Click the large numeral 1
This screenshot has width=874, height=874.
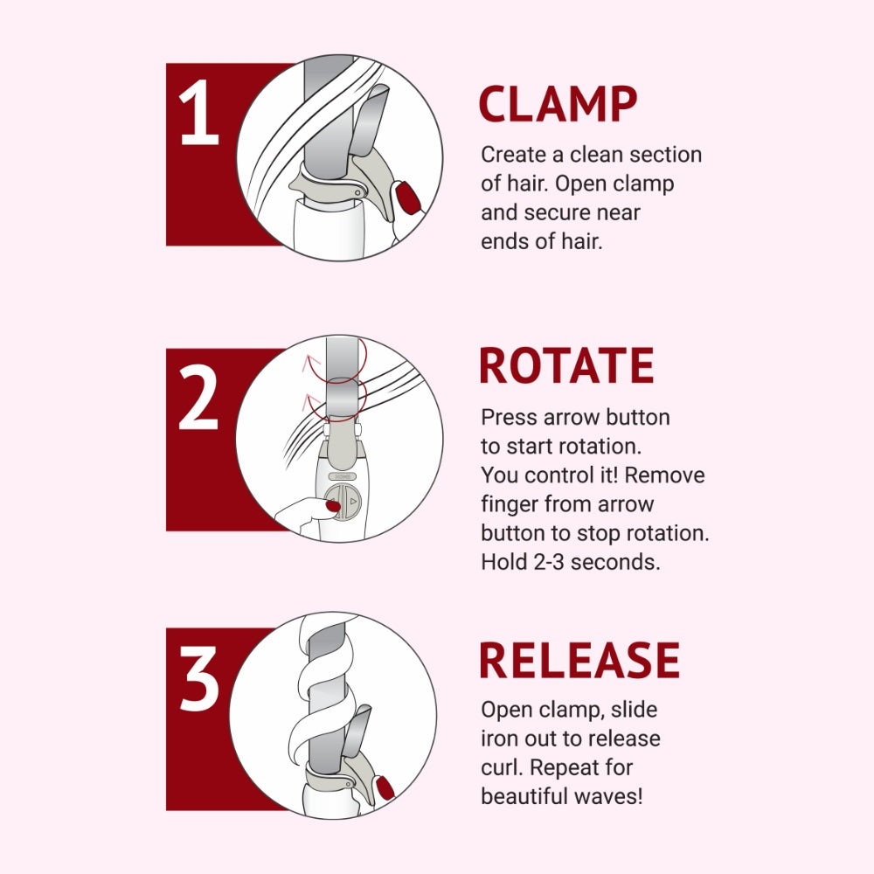point(198,112)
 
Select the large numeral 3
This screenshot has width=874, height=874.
point(199,678)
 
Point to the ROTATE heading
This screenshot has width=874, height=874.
point(566,365)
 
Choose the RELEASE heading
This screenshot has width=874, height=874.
point(579,660)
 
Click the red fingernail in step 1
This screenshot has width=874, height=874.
point(406,196)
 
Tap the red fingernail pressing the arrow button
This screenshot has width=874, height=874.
point(333,505)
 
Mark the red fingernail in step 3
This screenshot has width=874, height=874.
point(385,788)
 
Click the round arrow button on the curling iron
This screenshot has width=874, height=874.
point(343,502)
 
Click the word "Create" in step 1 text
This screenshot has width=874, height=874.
point(514,155)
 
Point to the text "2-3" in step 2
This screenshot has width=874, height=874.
point(549,562)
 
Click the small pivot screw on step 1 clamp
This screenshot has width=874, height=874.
point(357,193)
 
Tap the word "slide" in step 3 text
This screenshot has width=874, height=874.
point(635,710)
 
